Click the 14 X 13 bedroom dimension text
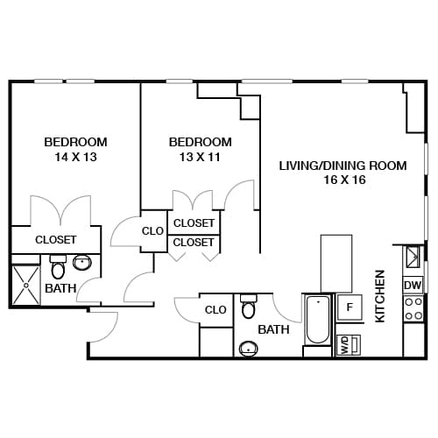coord(75,158)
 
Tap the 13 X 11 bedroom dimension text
coord(200,158)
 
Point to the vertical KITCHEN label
coord(380,296)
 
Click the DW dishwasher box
coord(413,286)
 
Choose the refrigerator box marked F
coord(350,307)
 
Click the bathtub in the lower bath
coord(317,321)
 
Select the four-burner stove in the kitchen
coord(413,308)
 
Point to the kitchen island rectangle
coord(336,263)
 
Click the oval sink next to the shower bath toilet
coord(83,261)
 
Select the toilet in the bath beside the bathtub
coord(249,308)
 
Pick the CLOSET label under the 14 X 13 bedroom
coord(55,239)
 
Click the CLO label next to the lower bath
coord(215,309)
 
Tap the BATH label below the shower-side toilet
coord(60,287)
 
